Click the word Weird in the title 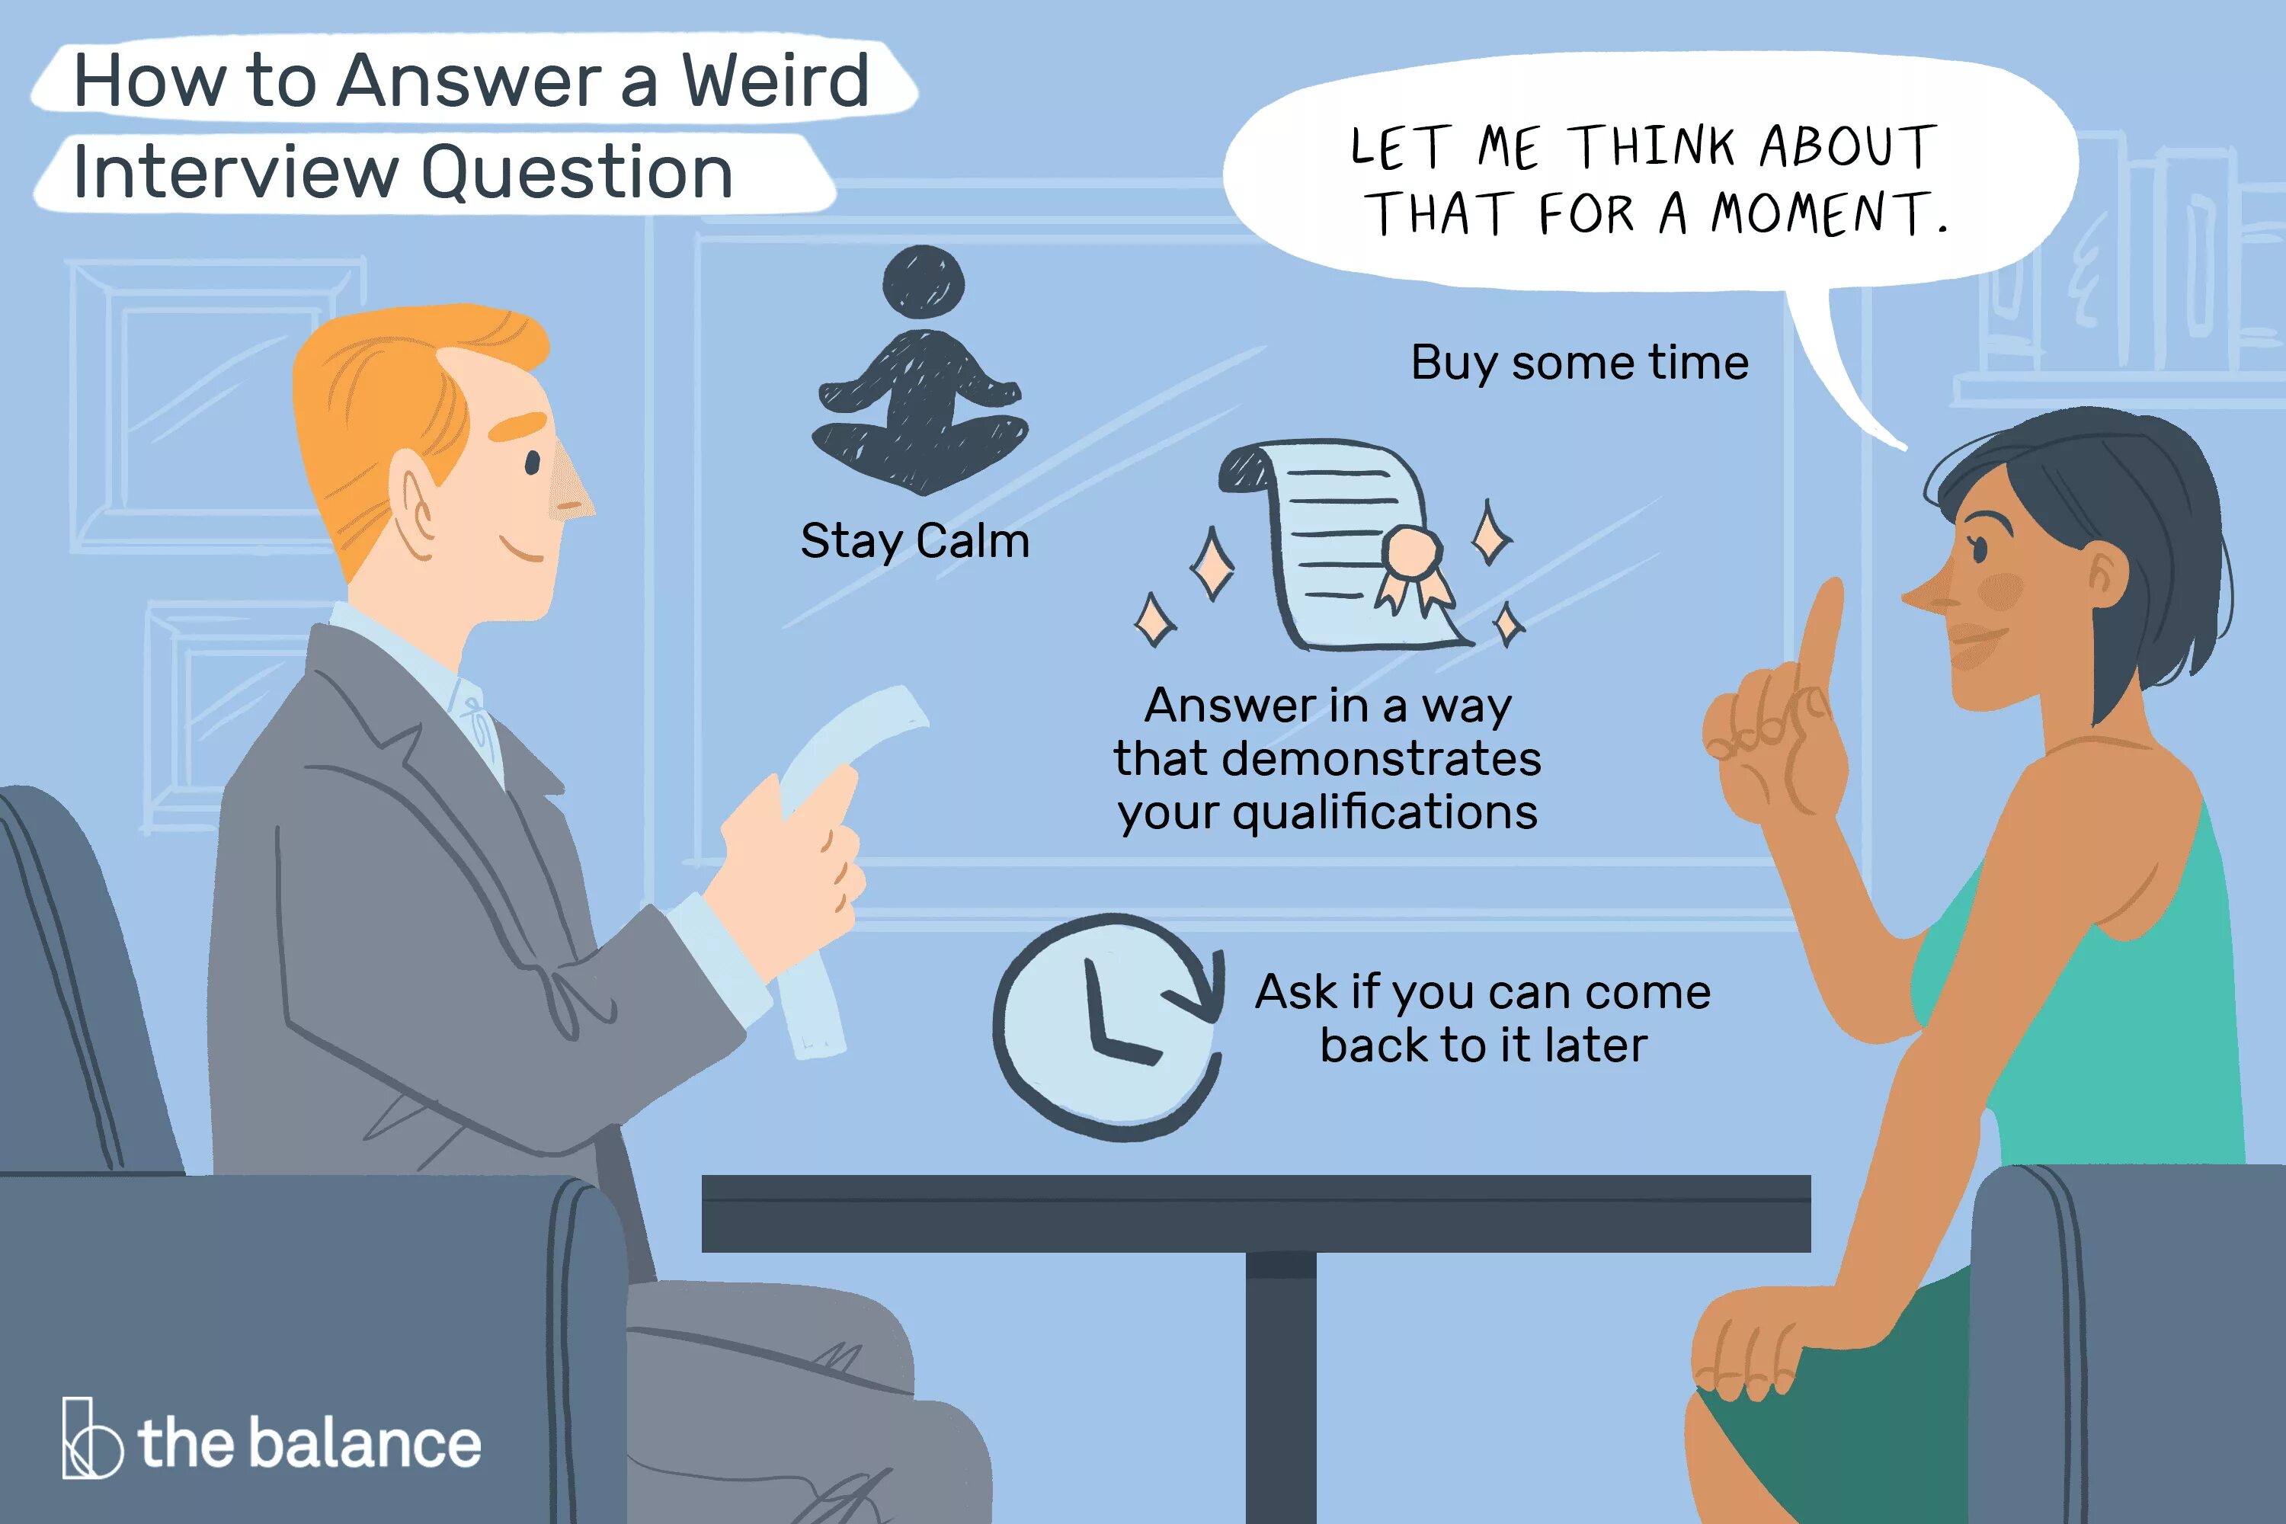[x=775, y=81]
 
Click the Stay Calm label [x=914, y=540]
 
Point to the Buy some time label [x=1580, y=363]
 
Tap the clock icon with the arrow [x=1108, y=1026]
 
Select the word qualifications [x=1385, y=812]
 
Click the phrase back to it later [x=1483, y=1045]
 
